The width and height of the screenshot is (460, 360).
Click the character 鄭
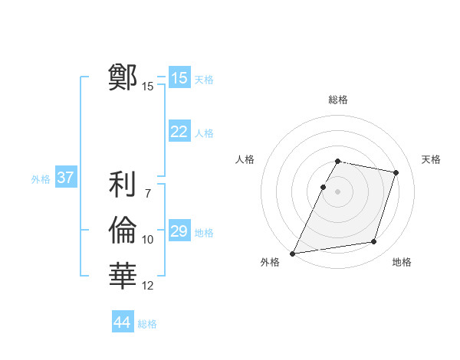tap(123, 77)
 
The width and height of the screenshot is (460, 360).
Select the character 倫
tap(123, 230)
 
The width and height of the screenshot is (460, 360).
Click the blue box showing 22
tap(179, 132)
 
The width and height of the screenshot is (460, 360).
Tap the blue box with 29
tap(179, 231)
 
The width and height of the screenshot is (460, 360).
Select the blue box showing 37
tap(65, 178)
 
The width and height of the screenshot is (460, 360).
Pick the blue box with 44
tap(122, 322)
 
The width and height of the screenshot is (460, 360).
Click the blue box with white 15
tap(179, 78)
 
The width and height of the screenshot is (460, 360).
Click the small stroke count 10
tap(148, 240)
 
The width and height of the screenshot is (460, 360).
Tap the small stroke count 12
tap(148, 286)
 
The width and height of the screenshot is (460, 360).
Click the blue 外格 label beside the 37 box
tap(41, 179)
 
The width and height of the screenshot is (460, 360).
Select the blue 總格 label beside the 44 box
tap(147, 324)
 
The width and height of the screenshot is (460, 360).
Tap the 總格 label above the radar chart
tap(338, 100)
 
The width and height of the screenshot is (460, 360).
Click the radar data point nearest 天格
tap(396, 172)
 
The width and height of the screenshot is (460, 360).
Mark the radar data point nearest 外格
tap(293, 253)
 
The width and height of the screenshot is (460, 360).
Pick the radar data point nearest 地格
tap(373, 242)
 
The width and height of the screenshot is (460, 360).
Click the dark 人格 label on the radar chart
tap(245, 159)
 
